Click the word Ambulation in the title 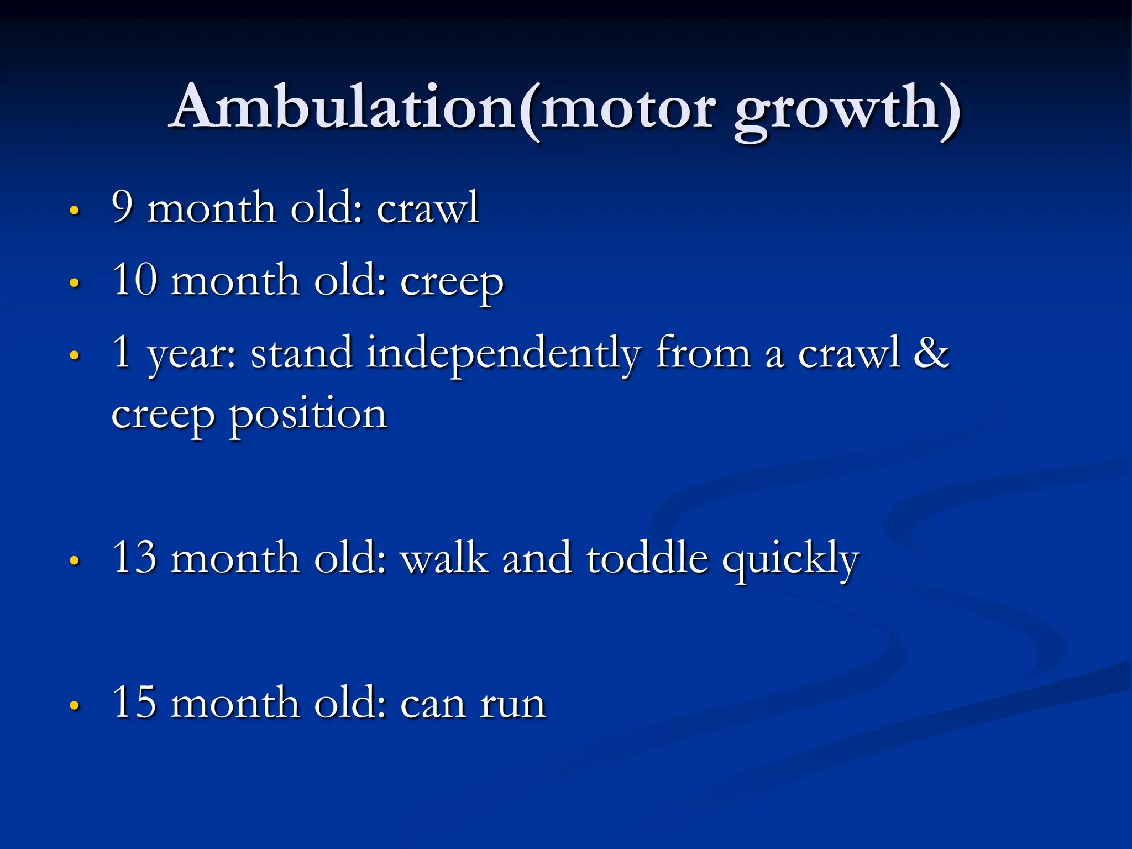point(343,108)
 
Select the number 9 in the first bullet point(123,207)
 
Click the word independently point(504,354)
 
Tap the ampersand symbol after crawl point(931,353)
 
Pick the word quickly point(791,559)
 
